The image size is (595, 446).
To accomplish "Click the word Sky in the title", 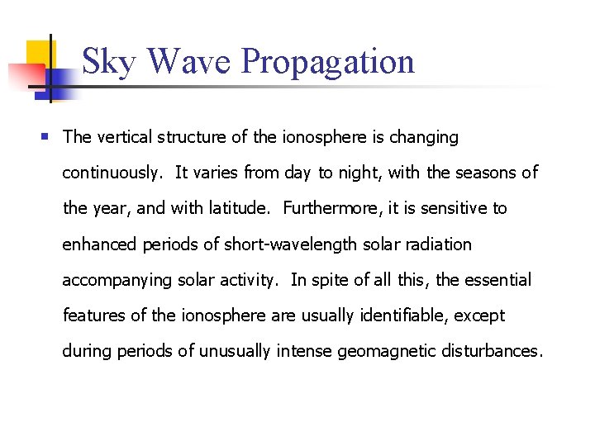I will (108, 63).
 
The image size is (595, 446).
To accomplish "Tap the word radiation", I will (438, 244).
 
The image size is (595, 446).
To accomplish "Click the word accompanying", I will (117, 280).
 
